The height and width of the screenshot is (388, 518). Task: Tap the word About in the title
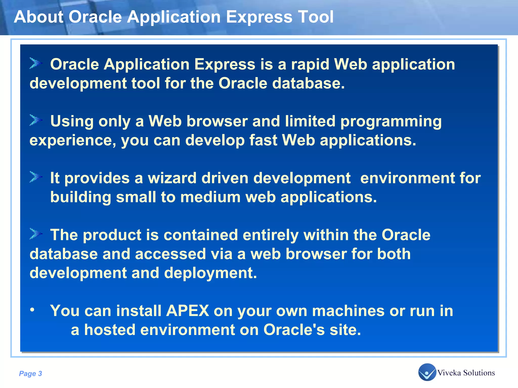[x=38, y=17]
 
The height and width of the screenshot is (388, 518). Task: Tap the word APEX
[x=187, y=311]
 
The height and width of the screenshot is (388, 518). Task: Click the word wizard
[x=172, y=178]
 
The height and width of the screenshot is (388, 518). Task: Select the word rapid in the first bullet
[x=310, y=64]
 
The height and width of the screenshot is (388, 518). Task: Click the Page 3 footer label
[x=30, y=373]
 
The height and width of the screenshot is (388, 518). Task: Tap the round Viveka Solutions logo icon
[x=427, y=372]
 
